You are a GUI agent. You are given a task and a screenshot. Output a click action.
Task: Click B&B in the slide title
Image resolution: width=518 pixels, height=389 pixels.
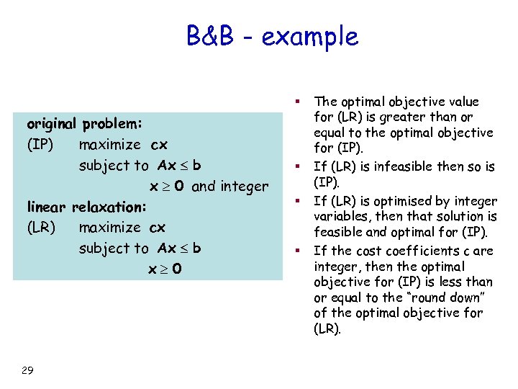(210, 36)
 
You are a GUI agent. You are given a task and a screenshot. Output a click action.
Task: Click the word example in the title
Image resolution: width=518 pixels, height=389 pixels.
(309, 37)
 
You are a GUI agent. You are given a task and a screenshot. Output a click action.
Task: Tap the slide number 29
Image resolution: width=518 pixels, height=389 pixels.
(28, 370)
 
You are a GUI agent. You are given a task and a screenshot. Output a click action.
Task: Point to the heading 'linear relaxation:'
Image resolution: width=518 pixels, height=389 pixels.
(87, 207)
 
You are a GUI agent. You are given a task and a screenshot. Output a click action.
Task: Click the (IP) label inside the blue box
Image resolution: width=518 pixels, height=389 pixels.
(40, 144)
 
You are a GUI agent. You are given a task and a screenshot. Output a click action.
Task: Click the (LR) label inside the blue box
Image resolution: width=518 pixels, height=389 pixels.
(41, 228)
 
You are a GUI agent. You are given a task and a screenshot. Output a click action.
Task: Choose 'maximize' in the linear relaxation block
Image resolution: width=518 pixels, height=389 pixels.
(109, 228)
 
